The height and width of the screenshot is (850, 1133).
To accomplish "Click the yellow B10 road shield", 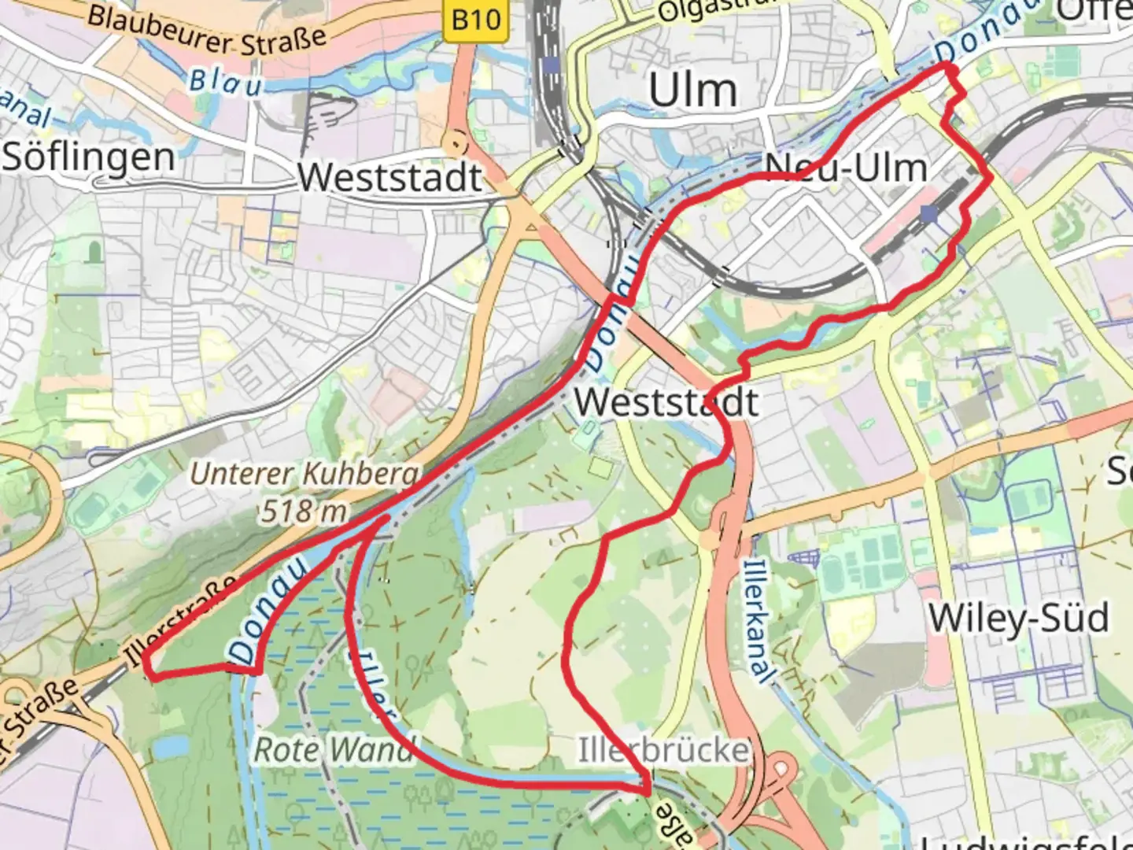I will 476,20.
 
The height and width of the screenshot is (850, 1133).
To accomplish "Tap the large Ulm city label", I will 693,91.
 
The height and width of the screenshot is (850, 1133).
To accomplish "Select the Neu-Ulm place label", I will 846,168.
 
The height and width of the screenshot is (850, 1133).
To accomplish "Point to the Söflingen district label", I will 88,157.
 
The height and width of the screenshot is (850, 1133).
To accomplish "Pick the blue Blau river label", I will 225,81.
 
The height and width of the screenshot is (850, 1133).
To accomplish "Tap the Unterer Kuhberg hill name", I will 305,474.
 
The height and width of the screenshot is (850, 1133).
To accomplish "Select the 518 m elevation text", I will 304,512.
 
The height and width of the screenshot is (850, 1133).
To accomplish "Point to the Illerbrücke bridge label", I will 663,749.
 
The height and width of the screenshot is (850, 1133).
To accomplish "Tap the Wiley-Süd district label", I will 1019,618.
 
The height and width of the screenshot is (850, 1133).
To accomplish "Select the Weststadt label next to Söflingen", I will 390,177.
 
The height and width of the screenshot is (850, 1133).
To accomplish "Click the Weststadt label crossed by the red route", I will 666,402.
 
